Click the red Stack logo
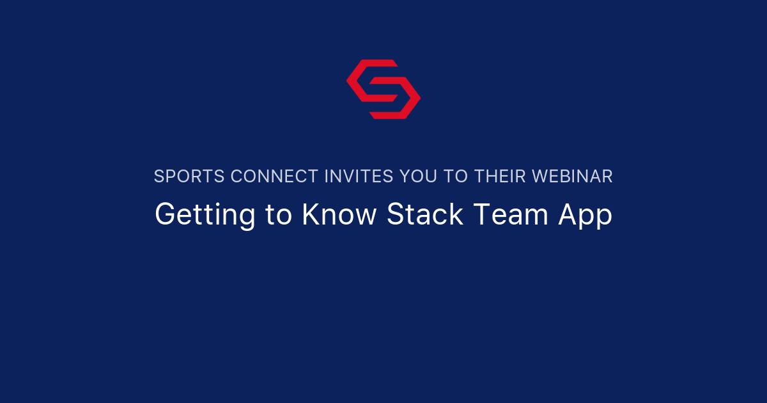[x=383, y=89]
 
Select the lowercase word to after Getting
[x=278, y=216]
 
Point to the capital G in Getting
[x=166, y=215]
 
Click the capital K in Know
[x=310, y=215]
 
